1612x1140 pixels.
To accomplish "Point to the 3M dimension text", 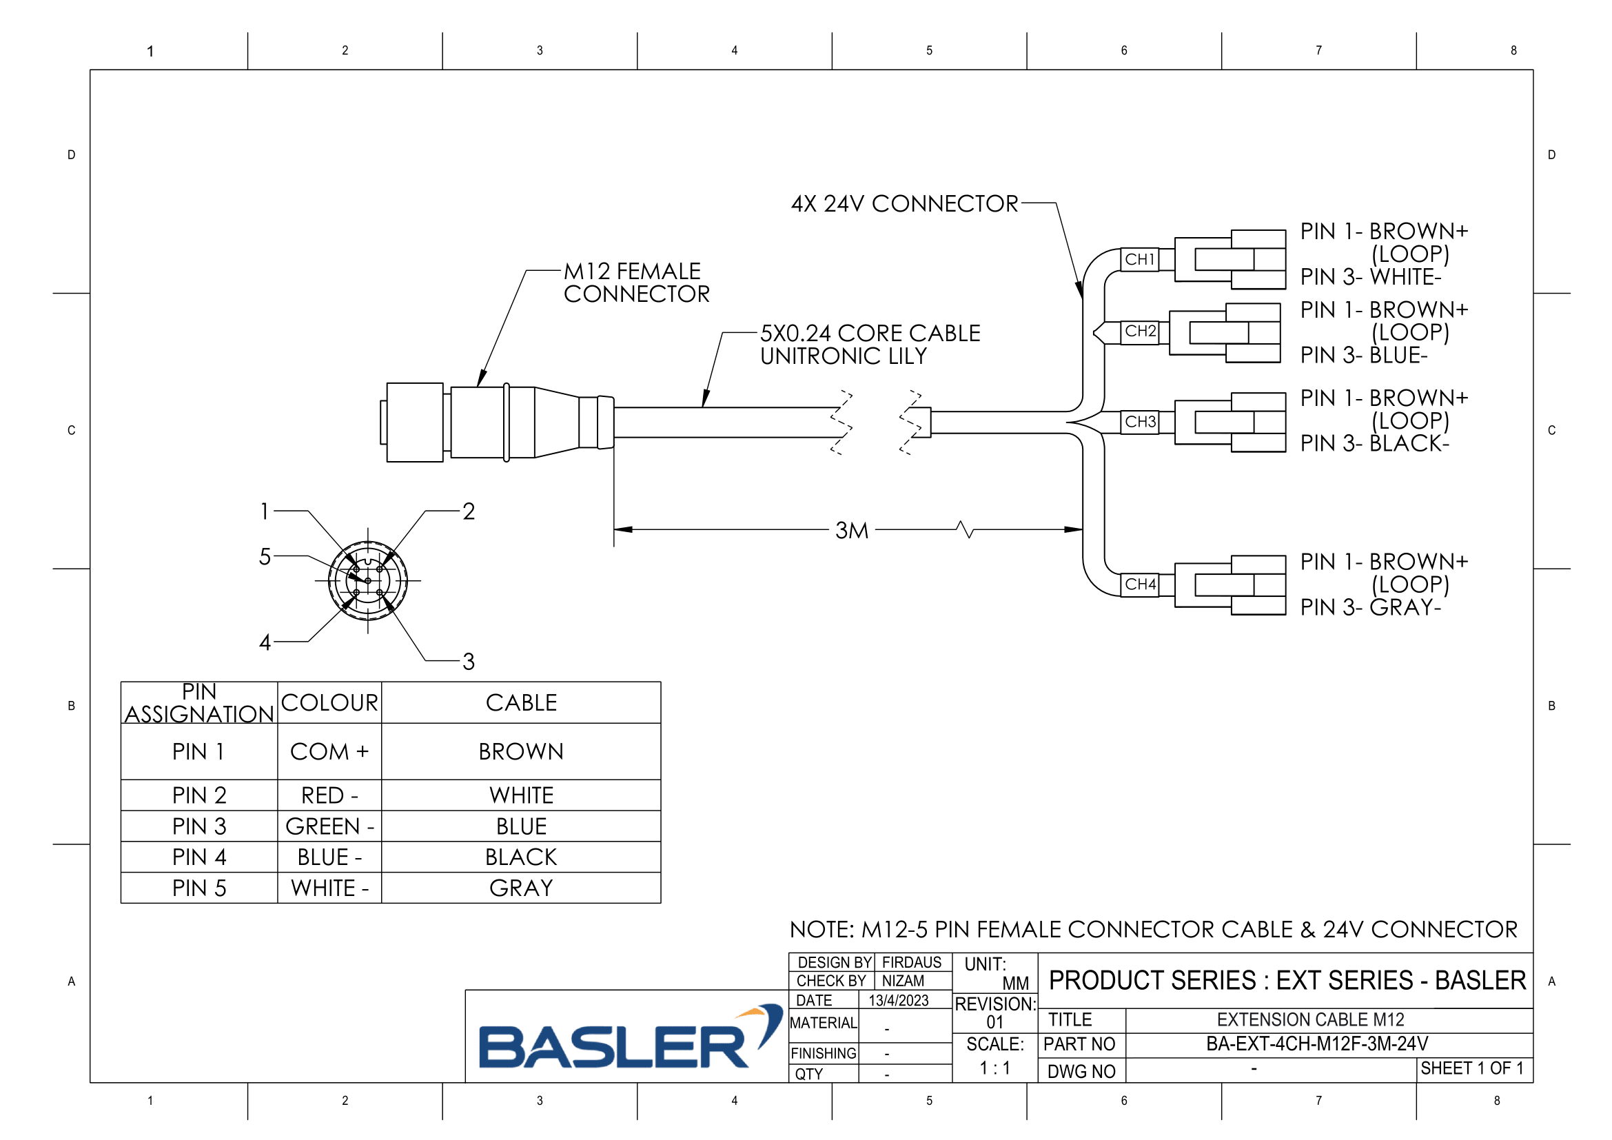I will click(852, 531).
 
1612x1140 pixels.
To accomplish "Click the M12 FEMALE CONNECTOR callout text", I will click(636, 282).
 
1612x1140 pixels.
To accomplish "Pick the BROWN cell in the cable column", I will click(521, 752).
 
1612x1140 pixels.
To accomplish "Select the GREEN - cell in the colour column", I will click(329, 827).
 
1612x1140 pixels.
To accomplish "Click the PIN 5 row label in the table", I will click(199, 888).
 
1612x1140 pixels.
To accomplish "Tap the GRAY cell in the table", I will click(521, 888).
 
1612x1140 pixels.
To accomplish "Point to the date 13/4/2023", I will click(899, 1000).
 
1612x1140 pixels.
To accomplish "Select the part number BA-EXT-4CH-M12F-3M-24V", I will click(1317, 1044).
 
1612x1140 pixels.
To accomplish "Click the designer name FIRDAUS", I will click(911, 962).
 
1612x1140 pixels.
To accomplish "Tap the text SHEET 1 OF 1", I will click(1472, 1068).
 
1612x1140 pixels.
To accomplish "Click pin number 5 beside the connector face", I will click(265, 557).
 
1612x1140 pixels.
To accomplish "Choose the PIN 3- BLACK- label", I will click(1374, 444).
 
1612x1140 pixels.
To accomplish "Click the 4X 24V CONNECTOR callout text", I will click(904, 203).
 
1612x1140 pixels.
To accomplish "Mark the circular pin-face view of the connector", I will click(368, 581).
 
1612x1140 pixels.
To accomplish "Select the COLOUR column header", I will click(329, 702).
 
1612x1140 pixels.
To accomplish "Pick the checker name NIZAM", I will click(903, 981).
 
